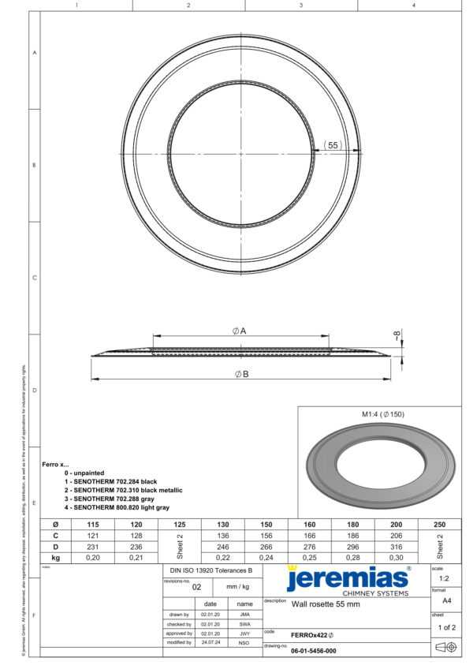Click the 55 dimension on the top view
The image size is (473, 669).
[x=333, y=146]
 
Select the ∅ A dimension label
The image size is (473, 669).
[x=240, y=331]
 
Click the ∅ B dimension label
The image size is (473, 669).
[x=241, y=374]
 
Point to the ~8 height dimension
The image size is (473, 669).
[x=397, y=334]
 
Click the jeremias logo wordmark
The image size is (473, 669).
[x=347, y=578]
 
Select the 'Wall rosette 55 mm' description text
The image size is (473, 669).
[x=326, y=604]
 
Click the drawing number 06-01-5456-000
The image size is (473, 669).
[x=313, y=651]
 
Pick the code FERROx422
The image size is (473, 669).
[x=312, y=634]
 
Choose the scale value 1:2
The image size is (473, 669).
[x=447, y=578]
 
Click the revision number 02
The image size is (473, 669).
[x=197, y=587]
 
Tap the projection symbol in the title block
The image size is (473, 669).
[x=447, y=648]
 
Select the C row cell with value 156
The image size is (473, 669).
[x=266, y=535]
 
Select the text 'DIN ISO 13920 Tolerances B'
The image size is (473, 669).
[x=211, y=569]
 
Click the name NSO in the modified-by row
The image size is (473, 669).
[x=244, y=642]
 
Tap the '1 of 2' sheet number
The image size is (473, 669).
[x=446, y=627]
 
